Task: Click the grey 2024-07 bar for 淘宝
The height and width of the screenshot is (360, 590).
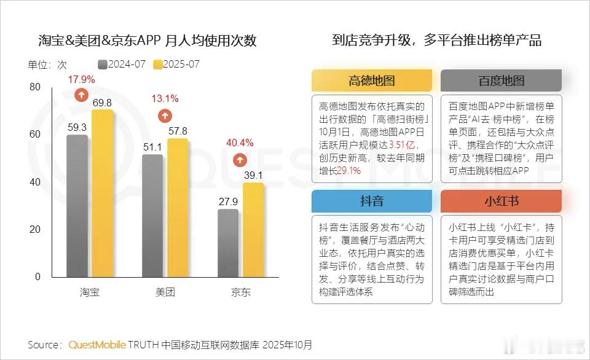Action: [x=77, y=206]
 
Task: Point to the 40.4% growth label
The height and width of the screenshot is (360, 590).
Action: [x=240, y=143]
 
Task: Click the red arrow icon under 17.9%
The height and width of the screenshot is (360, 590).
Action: [x=81, y=95]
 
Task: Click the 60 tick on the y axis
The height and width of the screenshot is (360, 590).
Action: [x=34, y=135]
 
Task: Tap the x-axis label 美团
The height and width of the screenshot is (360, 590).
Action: [x=165, y=292]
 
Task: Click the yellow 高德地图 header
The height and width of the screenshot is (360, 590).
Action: [x=371, y=80]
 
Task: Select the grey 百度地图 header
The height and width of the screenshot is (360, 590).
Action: [x=501, y=80]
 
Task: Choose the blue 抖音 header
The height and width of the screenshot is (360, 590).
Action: [x=371, y=201]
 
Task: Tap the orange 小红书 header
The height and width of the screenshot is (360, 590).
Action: [x=501, y=201]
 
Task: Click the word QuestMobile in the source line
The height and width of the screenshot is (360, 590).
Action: [x=97, y=345]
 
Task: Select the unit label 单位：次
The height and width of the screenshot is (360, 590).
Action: [x=47, y=65]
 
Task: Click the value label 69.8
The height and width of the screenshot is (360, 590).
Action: [x=102, y=102]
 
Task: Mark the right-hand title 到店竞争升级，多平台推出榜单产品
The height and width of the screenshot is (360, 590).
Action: [x=436, y=41]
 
